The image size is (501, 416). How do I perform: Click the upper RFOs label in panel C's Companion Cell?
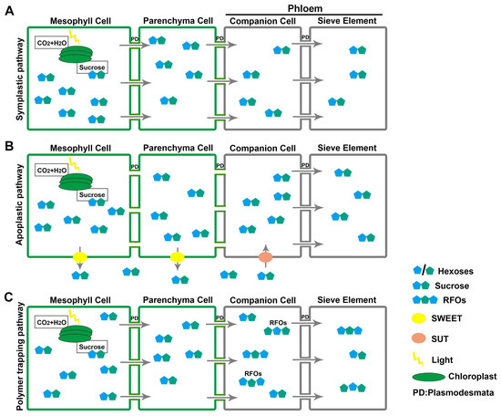(278, 323)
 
